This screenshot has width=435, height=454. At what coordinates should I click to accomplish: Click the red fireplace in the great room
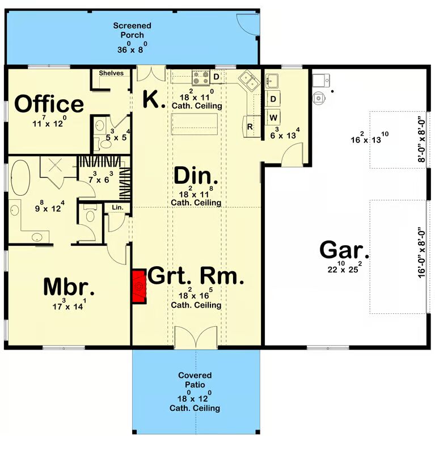tap(139, 287)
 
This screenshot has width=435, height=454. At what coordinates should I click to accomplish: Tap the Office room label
tap(49, 104)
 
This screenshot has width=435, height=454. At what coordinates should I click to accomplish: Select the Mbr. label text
tap(69, 287)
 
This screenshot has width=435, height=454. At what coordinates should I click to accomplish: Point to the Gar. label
tap(344, 250)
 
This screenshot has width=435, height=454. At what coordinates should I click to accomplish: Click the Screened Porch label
tap(132, 30)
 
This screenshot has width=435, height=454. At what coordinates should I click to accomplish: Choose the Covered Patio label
tap(195, 380)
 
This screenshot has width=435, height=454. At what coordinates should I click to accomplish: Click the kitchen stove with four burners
tap(201, 78)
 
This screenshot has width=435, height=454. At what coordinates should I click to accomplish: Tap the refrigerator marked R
tap(251, 126)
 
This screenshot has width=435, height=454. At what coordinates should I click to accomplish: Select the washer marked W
tap(273, 117)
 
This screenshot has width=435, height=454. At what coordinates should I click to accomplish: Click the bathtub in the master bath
tap(20, 177)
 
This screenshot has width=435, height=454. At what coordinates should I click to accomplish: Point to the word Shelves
tap(111, 73)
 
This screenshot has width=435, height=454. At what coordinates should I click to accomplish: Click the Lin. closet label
tap(117, 207)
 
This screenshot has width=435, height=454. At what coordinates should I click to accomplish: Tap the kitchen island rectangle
tap(194, 124)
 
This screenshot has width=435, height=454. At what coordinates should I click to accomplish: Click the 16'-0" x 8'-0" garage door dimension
tap(421, 252)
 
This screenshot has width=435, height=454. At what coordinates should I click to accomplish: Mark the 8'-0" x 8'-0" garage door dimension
tap(421, 139)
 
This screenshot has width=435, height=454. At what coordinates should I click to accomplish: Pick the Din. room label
tap(196, 176)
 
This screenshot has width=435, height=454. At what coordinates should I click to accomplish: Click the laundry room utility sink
tap(272, 81)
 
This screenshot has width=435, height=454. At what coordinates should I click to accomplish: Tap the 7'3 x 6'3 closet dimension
tap(100, 178)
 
